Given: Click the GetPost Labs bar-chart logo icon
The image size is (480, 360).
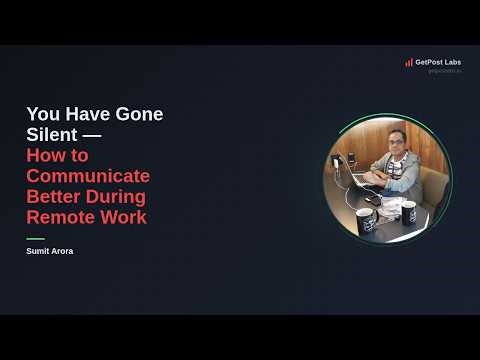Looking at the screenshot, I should pyautogui.click(x=409, y=62).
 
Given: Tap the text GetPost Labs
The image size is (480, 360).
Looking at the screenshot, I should pyautogui.click(x=438, y=62).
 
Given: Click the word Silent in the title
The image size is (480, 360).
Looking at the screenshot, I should pyautogui.click(x=49, y=135).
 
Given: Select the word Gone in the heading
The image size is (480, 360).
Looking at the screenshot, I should pyautogui.click(x=140, y=114).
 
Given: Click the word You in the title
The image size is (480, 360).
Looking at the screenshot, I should pyautogui.click(x=43, y=114).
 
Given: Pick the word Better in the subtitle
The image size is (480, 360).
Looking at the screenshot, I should pyautogui.click(x=53, y=196).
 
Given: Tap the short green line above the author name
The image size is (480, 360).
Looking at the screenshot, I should pyautogui.click(x=35, y=238).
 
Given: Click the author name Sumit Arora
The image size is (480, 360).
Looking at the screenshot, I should pyautogui.click(x=49, y=251).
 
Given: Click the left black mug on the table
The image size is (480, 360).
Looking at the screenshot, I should pyautogui.click(x=366, y=220).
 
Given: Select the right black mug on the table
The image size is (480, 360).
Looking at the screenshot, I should pyautogui.click(x=407, y=211).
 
